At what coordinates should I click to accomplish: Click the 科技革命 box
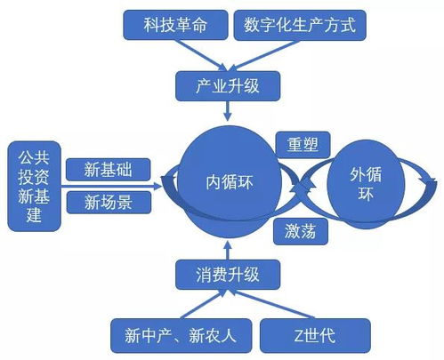point(174,25)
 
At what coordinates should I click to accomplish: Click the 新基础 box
point(110,169)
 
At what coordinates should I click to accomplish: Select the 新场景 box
point(110,202)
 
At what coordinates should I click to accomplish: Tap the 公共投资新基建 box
point(32,185)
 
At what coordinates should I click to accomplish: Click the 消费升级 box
point(228,274)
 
